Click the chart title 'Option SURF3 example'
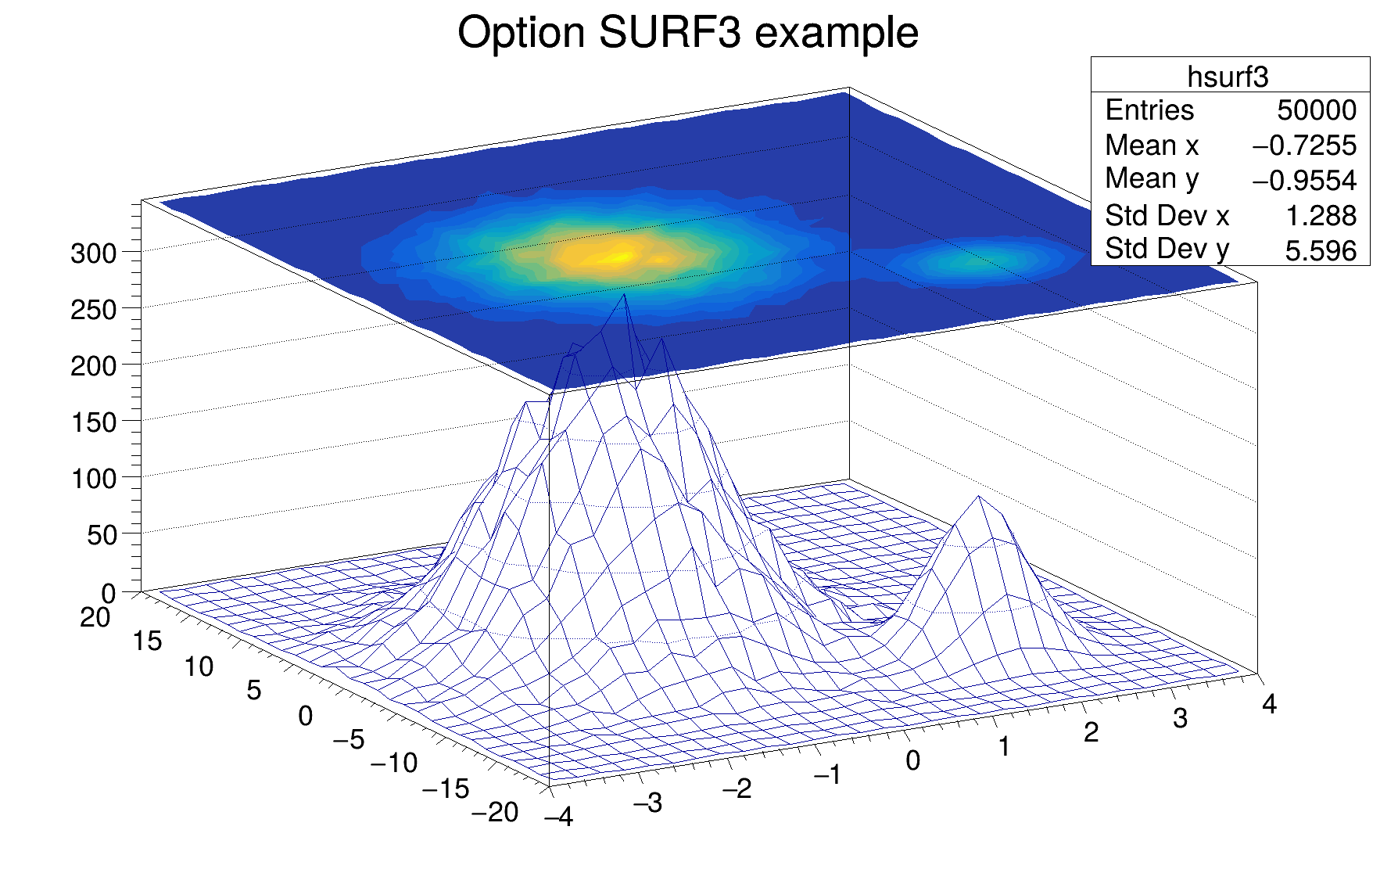tap(687, 33)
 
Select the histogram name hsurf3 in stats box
tap(1228, 76)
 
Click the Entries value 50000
tap(1317, 110)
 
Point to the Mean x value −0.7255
tap(1304, 145)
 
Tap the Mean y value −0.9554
tap(1304, 181)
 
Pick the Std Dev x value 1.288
tap(1321, 216)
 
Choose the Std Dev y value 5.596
tap(1321, 251)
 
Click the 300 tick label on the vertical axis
tap(93, 253)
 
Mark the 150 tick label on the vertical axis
tap(93, 422)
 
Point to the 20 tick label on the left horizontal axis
tap(95, 617)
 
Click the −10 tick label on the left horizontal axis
tap(394, 763)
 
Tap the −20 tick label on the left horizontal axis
tap(495, 813)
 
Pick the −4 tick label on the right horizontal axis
tap(559, 817)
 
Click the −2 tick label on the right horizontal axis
tap(737, 789)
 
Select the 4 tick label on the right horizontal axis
tap(1269, 704)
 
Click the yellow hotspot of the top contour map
tap(618, 255)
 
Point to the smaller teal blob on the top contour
tap(977, 258)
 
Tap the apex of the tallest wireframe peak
tap(624, 294)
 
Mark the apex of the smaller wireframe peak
tap(978, 496)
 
